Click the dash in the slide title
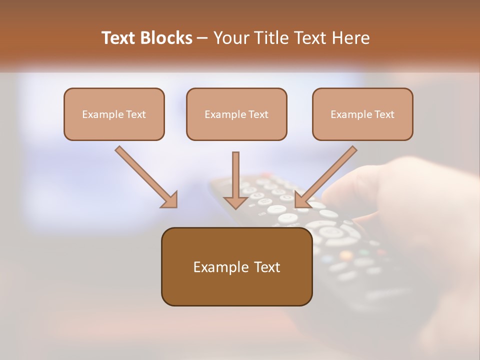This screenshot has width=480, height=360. pyautogui.click(x=202, y=38)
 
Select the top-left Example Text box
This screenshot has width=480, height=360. pyautogui.click(x=114, y=114)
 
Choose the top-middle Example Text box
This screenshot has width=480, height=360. pyautogui.click(x=236, y=114)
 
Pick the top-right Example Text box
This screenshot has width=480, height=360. pyautogui.click(x=362, y=114)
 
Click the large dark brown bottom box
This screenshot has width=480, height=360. pyautogui.click(x=236, y=266)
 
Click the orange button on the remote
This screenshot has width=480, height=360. pyautogui.click(x=345, y=255)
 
